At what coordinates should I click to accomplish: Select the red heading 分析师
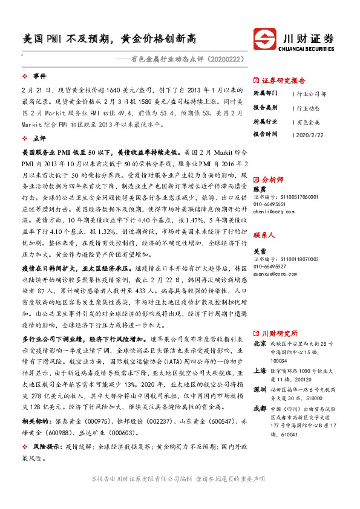click(272, 180)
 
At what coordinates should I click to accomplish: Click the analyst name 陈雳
click(259, 189)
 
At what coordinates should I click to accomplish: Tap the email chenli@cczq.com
click(273, 212)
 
